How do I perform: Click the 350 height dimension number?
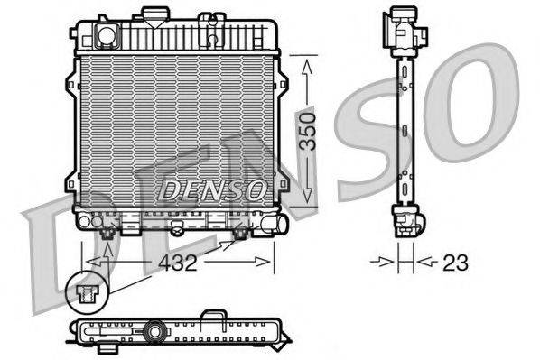click(309, 134)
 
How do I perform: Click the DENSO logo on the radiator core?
click(213, 189)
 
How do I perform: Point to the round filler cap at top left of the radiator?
click(106, 35)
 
